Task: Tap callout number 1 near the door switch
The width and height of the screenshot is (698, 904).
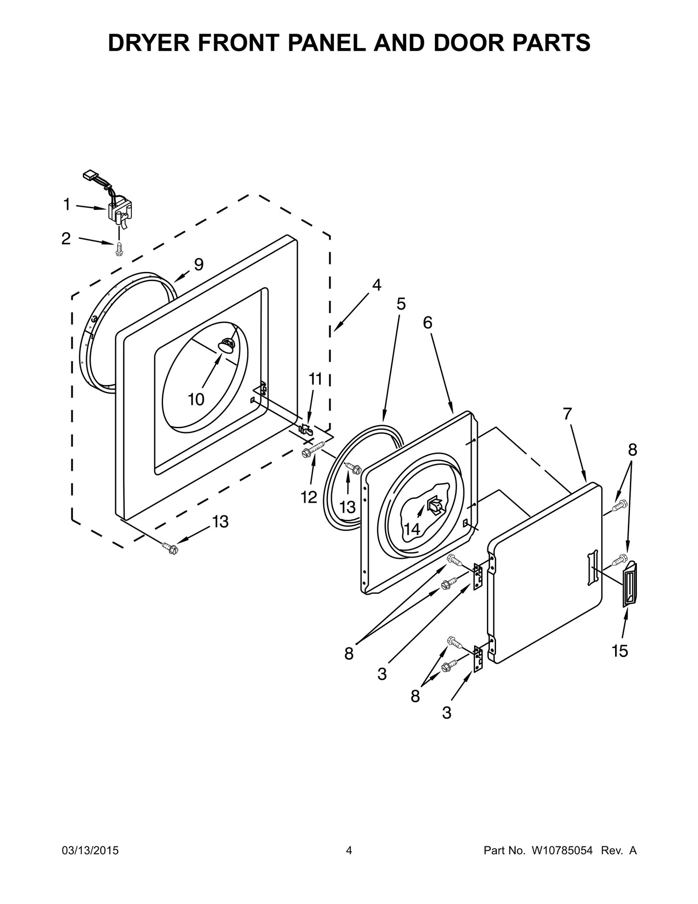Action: [67, 204]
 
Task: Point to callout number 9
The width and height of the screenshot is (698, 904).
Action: [198, 264]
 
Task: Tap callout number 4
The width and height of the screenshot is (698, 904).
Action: [376, 285]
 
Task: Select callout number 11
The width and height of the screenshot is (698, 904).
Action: [315, 379]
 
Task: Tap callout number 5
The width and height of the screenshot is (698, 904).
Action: [401, 304]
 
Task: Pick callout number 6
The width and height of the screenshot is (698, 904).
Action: [428, 323]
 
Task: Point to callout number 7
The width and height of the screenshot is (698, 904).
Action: [567, 413]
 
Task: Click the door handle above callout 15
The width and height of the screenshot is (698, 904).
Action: [629, 584]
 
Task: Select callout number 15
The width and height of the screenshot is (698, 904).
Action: [619, 651]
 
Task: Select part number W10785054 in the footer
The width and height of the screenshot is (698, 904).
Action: [561, 863]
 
